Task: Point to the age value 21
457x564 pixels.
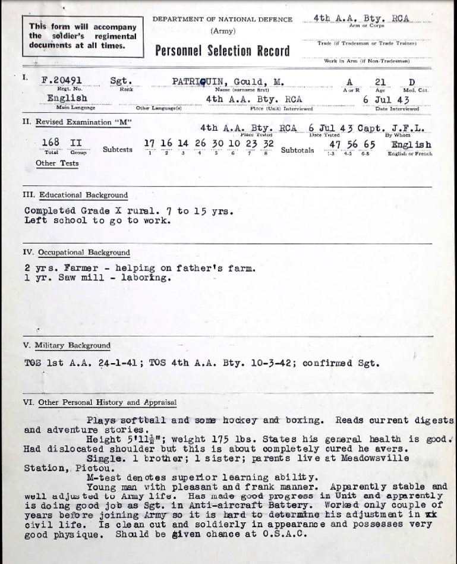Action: (x=380, y=83)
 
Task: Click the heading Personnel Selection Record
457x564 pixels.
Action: (x=222, y=51)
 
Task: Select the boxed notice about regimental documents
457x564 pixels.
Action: (x=83, y=36)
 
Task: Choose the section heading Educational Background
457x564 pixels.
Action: (x=83, y=195)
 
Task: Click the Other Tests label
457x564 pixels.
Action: (x=57, y=163)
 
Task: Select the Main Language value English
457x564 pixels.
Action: (x=67, y=98)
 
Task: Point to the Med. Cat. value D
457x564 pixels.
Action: (x=412, y=83)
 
